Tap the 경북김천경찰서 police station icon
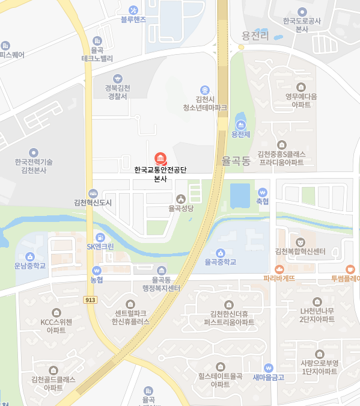click(117, 78)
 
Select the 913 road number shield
click(91, 299)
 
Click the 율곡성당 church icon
click(180, 198)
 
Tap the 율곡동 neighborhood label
click(235, 161)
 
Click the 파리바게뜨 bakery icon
click(279, 269)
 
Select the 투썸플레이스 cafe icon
click(350, 269)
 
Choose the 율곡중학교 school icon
click(221, 253)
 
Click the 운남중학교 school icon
click(30, 254)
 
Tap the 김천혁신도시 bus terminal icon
click(93, 194)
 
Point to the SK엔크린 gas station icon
click(100, 237)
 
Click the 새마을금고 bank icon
click(269, 368)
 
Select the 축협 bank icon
click(262, 192)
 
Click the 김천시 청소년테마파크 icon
click(205, 90)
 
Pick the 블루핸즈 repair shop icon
click(133, 10)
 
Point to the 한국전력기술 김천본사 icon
click(34, 153)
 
